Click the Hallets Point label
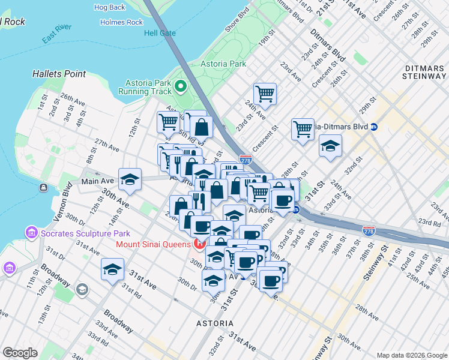coord(59,74)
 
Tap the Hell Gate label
coord(160,32)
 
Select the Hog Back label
coord(110,8)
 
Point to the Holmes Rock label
coord(122,22)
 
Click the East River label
coord(57,37)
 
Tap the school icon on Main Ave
coord(129,179)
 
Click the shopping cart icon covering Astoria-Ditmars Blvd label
coord(303,128)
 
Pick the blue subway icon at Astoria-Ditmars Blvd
coord(374,127)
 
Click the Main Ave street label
coord(97,181)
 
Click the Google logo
coord(20,353)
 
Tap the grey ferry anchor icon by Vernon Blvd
coord(44,188)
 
